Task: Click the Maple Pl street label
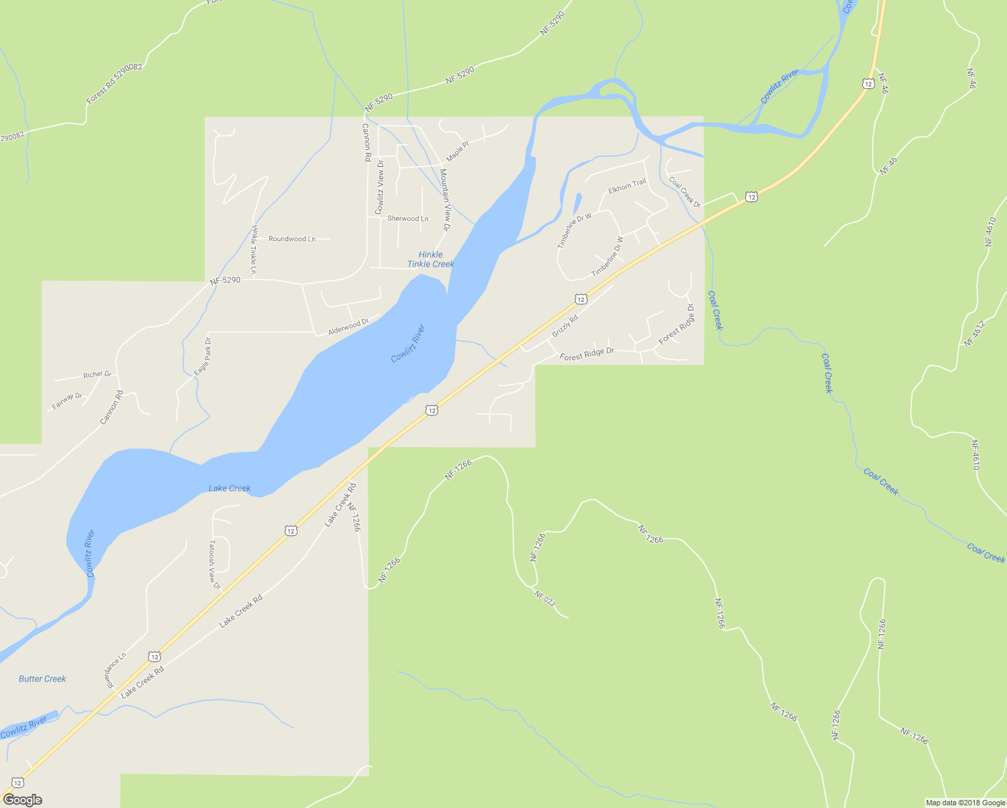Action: [457, 151]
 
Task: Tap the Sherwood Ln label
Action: [408, 219]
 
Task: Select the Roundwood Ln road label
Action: [292, 239]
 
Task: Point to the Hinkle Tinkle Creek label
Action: [431, 259]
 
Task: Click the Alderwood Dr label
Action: [348, 327]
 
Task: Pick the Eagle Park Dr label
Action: [203, 356]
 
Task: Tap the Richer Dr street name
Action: [97, 374]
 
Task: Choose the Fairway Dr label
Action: [67, 401]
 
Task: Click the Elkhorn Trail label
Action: [627, 187]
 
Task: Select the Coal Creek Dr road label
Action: [685, 192]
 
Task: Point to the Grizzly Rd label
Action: [565, 327]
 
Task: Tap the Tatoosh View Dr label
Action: [214, 564]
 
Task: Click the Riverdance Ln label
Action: [115, 669]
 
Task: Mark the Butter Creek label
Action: [42, 679]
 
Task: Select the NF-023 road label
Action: [545, 599]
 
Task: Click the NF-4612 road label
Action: [974, 333]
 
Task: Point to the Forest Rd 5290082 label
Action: [114, 84]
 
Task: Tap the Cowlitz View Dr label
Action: [380, 182]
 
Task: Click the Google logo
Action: [22, 800]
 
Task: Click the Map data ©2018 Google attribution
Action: [965, 803]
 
